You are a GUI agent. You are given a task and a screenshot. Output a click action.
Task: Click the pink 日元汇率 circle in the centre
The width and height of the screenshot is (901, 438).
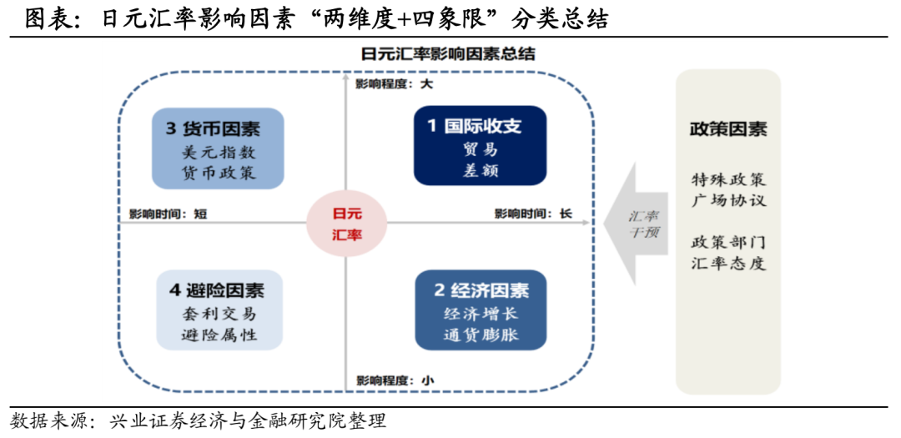pos(347,224)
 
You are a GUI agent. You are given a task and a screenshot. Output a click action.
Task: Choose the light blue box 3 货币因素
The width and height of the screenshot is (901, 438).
pos(218,149)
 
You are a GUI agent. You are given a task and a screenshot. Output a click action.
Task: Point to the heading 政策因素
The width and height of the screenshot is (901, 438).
pos(727,129)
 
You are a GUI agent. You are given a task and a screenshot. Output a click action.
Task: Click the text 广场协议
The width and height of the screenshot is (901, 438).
pos(727,200)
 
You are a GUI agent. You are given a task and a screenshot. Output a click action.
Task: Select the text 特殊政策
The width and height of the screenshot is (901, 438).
pos(727,179)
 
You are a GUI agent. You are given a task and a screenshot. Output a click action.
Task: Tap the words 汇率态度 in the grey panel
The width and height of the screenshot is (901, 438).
pos(727,264)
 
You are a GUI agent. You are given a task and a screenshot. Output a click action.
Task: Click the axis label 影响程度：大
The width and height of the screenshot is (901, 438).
pos(394,84)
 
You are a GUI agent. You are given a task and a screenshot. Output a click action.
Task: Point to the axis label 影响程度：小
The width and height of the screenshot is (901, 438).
pos(394,380)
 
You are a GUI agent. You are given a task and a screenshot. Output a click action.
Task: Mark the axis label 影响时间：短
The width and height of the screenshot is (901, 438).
pos(168,214)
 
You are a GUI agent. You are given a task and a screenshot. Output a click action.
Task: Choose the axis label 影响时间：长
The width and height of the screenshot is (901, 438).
pos(532,214)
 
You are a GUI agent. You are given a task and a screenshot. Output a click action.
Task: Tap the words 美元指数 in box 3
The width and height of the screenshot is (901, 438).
pos(218,153)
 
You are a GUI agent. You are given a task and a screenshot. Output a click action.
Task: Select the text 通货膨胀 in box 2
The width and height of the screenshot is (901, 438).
pos(481,336)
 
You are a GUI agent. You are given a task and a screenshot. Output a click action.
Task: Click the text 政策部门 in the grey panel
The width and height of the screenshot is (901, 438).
pos(727,243)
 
